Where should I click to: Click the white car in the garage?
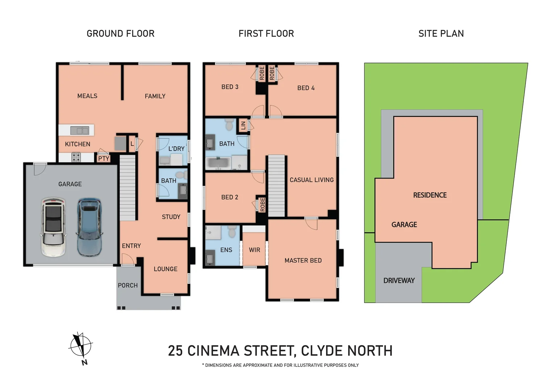click(53, 227)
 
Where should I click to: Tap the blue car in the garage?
click(89, 227)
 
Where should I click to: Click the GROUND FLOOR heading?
click(121, 34)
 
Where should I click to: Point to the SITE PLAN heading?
click(441, 34)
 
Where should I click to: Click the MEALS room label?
click(87, 96)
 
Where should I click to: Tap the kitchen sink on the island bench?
click(80, 130)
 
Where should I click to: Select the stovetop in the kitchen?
click(76, 157)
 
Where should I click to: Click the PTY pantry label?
click(104, 159)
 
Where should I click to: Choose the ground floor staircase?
click(127, 188)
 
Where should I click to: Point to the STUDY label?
click(171, 217)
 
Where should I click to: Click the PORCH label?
click(128, 285)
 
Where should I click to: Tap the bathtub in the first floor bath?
click(218, 163)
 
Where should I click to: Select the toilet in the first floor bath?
click(229, 124)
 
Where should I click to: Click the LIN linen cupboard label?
click(243, 126)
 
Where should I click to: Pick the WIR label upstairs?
click(255, 250)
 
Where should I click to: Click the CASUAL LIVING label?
click(311, 180)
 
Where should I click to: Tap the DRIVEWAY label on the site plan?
click(399, 281)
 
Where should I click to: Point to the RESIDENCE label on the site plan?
click(430, 195)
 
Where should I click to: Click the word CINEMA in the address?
click(213, 351)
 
